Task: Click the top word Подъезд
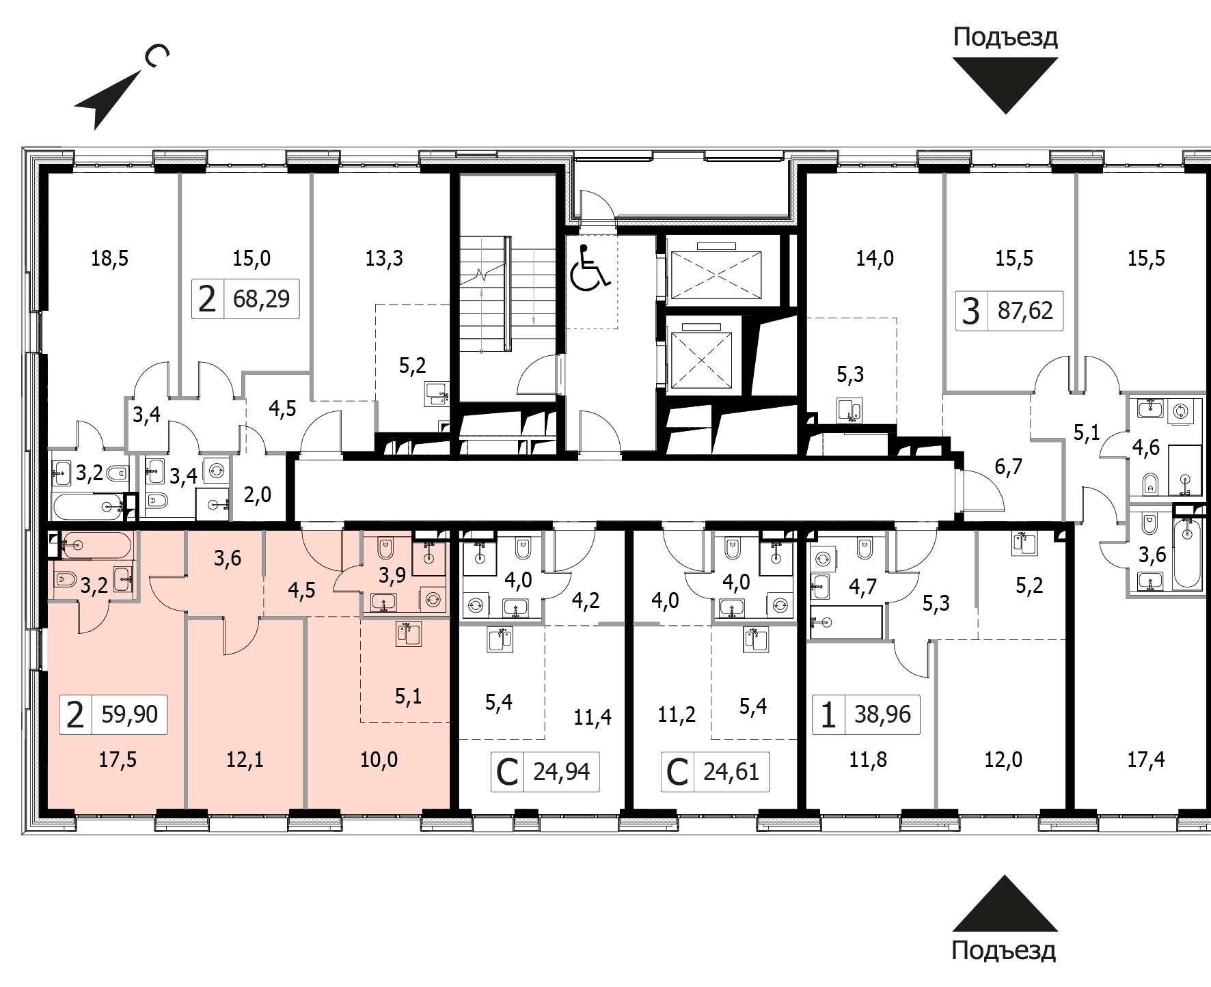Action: click(1005, 38)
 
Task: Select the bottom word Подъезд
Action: click(1004, 950)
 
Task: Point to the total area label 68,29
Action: click(261, 299)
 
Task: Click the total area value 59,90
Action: click(129, 714)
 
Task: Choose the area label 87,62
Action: click(1025, 311)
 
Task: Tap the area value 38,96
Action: click(882, 714)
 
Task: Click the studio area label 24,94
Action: click(561, 772)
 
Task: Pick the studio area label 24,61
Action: click(731, 772)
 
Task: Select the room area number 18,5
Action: click(110, 258)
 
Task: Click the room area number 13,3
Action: click(384, 258)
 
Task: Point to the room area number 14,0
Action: click(875, 258)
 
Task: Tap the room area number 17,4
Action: click(1146, 759)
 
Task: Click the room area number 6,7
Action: click(1009, 467)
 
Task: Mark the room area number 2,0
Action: click(258, 495)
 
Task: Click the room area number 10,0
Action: click(379, 759)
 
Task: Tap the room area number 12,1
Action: click(245, 759)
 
